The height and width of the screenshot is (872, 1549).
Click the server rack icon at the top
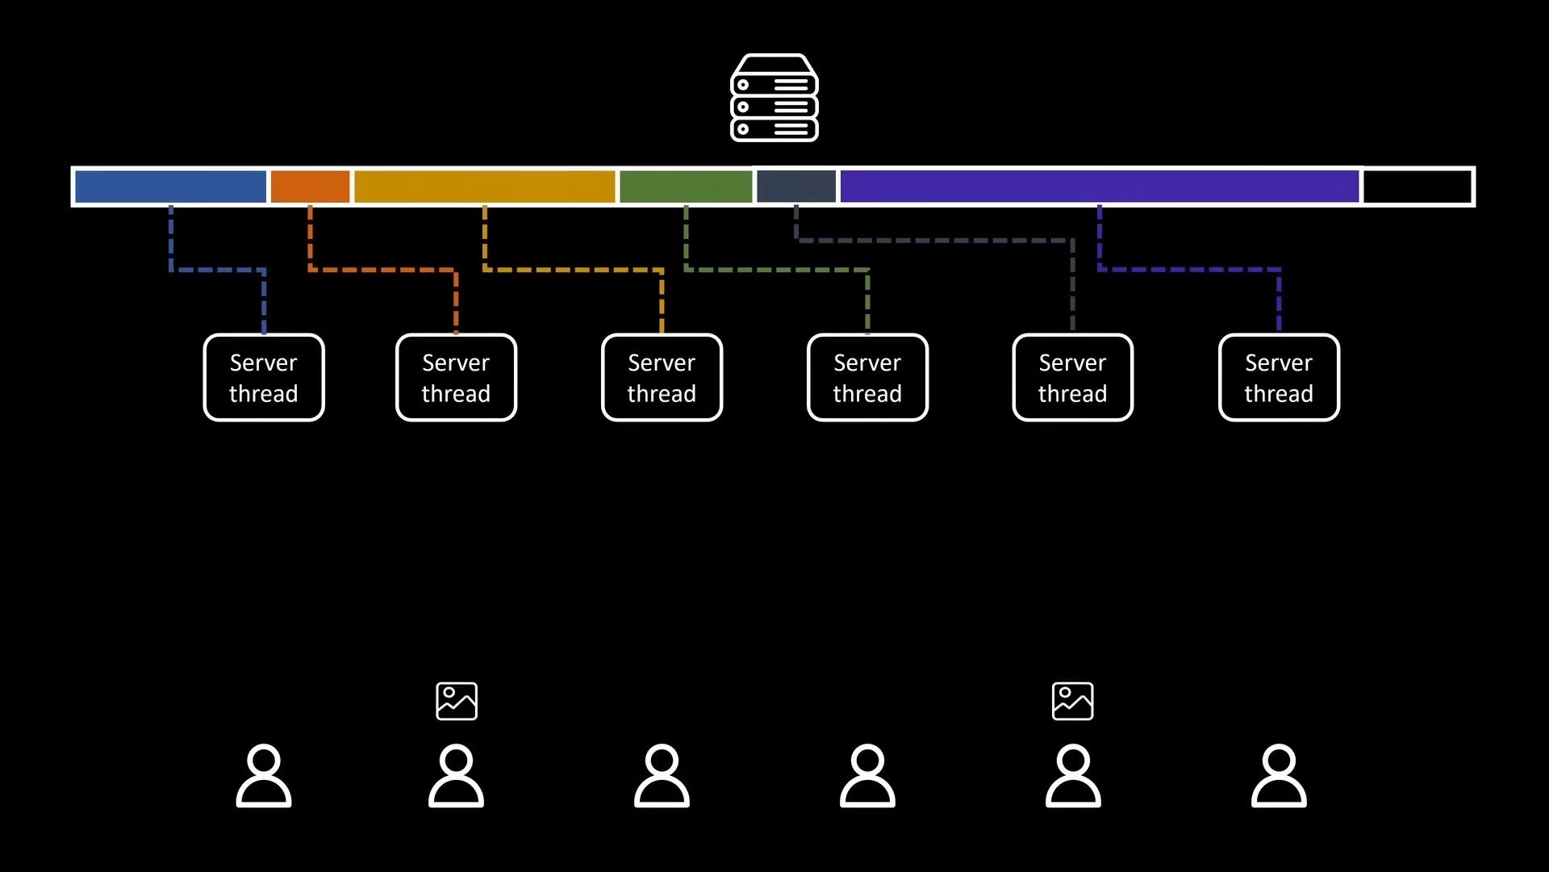tap(774, 98)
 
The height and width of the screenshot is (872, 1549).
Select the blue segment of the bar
tap(170, 187)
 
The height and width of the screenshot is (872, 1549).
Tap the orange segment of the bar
tap(310, 187)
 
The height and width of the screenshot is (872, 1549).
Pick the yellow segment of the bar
tap(484, 187)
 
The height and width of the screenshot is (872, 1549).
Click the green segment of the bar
tap(685, 187)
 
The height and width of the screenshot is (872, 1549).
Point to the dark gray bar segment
tap(796, 187)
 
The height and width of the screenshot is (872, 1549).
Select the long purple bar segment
tap(1099, 187)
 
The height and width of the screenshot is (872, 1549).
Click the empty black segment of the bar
tap(1417, 187)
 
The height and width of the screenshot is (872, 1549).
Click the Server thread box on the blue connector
tap(264, 378)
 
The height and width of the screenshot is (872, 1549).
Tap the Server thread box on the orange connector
tap(456, 378)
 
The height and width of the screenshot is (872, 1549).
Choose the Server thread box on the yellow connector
tap(662, 378)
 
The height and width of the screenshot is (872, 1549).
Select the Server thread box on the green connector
tap(867, 378)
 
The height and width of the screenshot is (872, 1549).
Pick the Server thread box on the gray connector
tap(1072, 378)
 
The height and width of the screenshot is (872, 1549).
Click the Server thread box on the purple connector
tap(1279, 378)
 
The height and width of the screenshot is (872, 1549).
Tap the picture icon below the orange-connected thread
tap(457, 701)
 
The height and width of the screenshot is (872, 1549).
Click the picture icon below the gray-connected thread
tap(1072, 701)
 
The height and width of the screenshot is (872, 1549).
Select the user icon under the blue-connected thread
tap(264, 776)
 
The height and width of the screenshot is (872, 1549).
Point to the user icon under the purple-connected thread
tap(1279, 776)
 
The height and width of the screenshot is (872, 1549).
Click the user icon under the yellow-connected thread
tap(662, 776)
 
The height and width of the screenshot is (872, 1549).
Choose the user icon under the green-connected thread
tap(867, 776)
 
